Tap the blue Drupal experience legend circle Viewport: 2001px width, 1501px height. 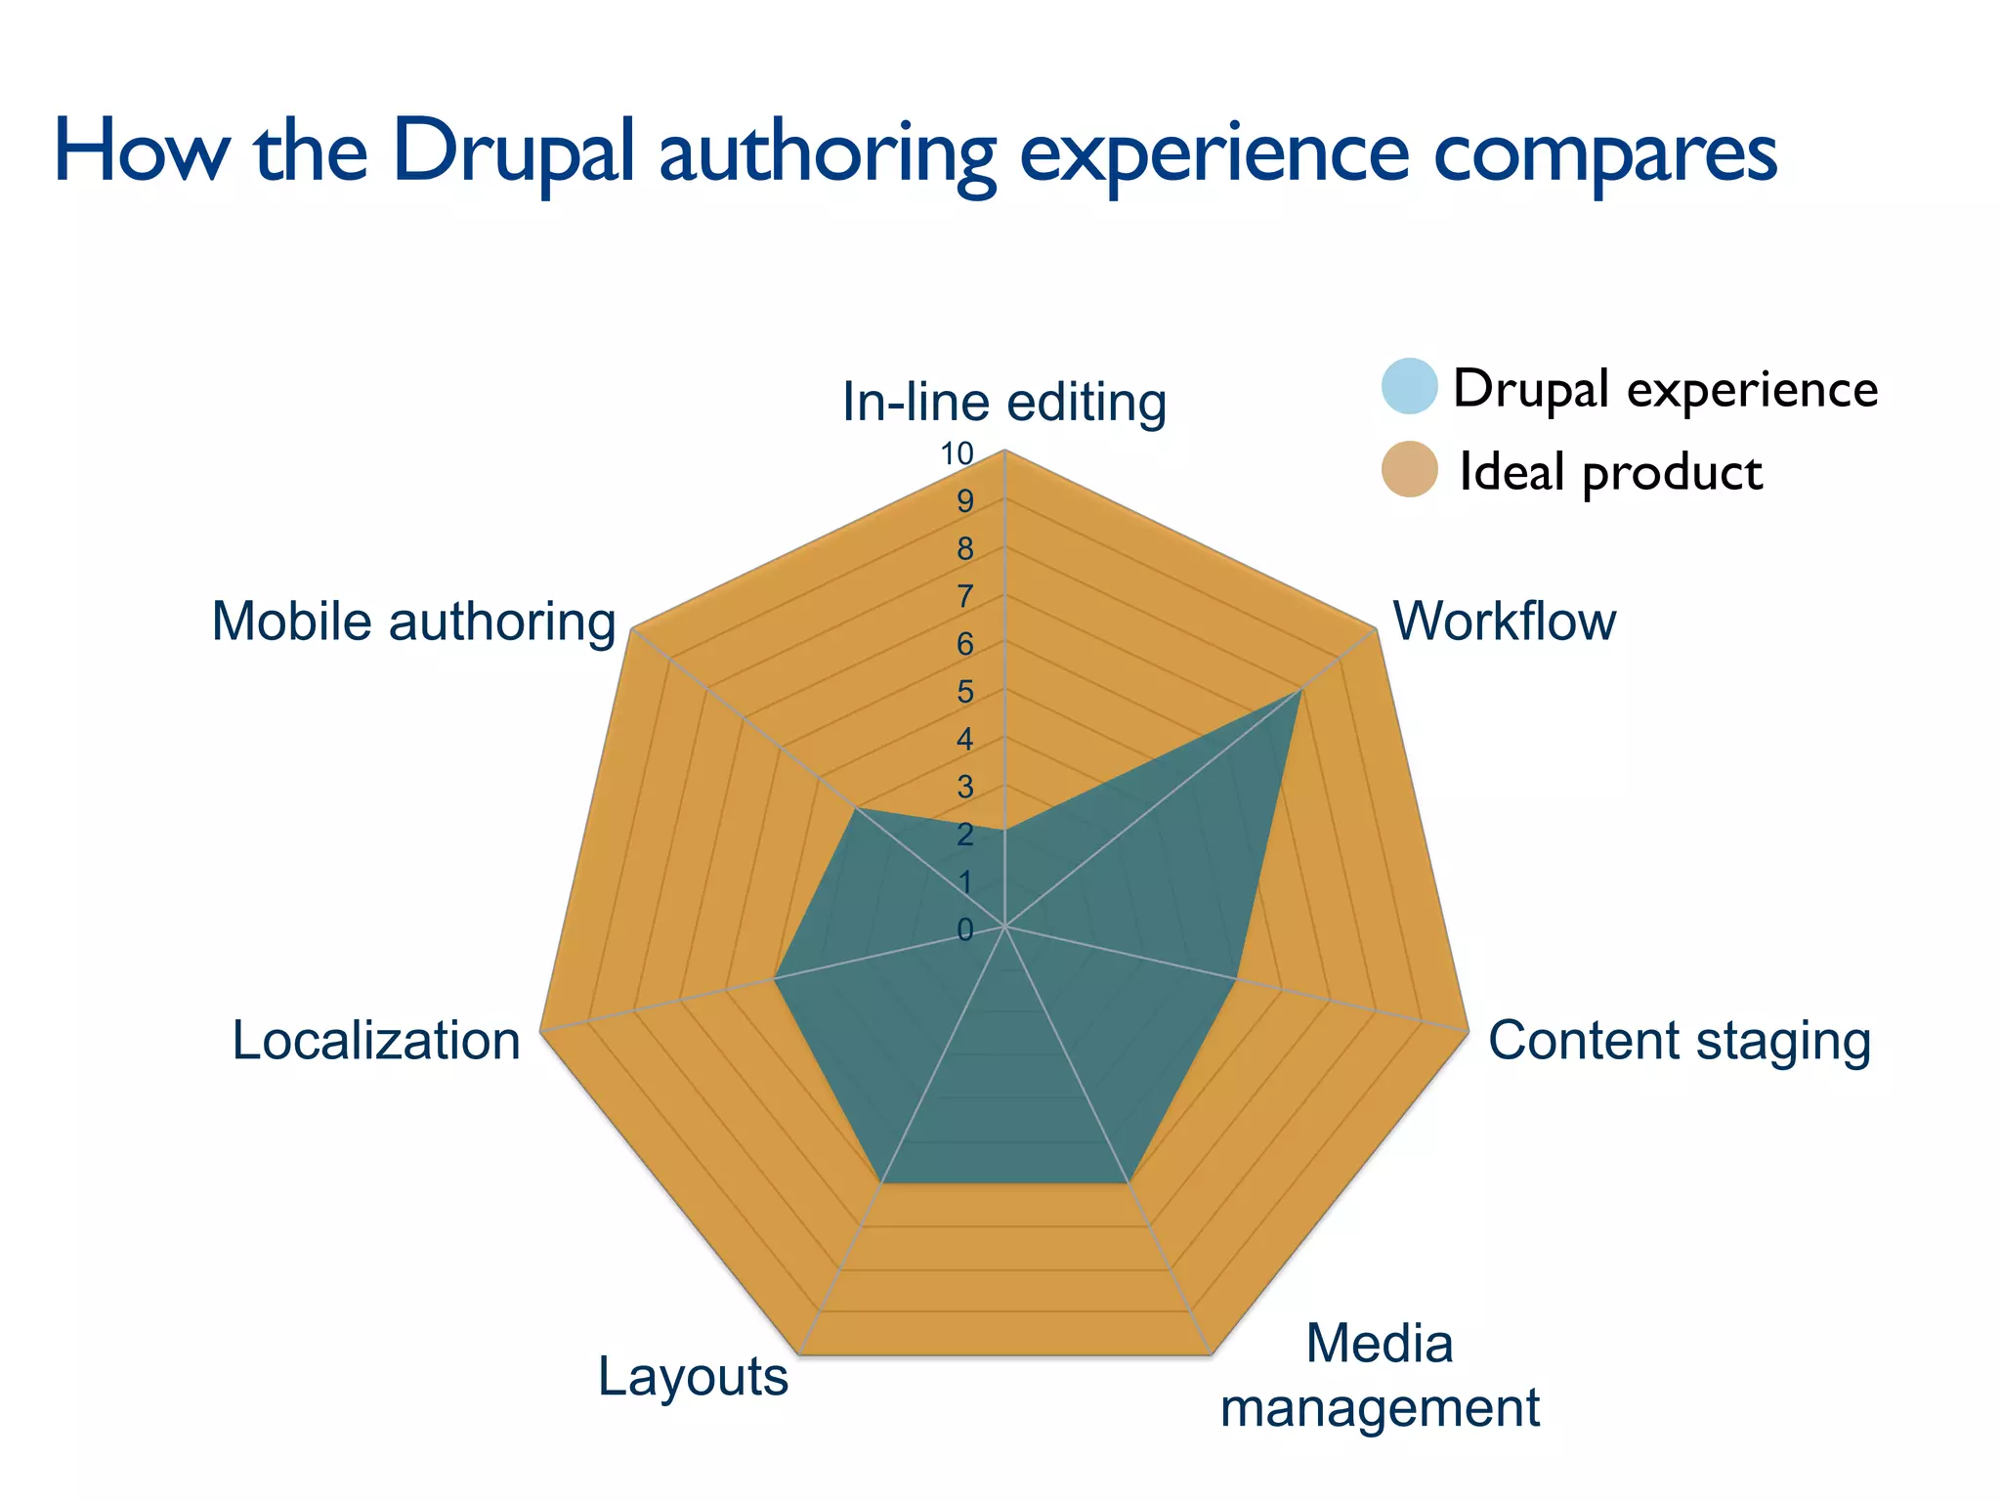(x=1409, y=386)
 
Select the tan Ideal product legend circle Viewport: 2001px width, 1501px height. (x=1409, y=469)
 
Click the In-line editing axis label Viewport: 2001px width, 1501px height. (x=1003, y=403)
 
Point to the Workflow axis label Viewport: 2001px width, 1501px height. (x=1504, y=622)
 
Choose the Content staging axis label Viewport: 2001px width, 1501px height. (x=1679, y=1040)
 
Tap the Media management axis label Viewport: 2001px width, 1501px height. (x=1380, y=1375)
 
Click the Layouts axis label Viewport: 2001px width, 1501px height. (x=693, y=1377)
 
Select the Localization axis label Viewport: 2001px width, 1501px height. (x=376, y=1040)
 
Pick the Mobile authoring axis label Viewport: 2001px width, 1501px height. (x=413, y=622)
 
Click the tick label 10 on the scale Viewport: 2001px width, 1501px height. (x=957, y=453)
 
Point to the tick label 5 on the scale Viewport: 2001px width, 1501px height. (x=964, y=692)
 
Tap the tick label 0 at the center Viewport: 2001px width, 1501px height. (x=964, y=930)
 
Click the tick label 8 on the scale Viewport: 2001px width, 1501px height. (x=964, y=549)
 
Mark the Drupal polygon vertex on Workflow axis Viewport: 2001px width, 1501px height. (x=1301, y=689)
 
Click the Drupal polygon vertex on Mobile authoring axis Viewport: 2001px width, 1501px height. (x=856, y=808)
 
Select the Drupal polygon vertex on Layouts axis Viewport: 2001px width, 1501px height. (x=882, y=1182)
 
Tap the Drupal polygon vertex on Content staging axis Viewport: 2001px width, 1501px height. (x=1237, y=976)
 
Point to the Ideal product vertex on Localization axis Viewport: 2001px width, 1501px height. (x=540, y=1030)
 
